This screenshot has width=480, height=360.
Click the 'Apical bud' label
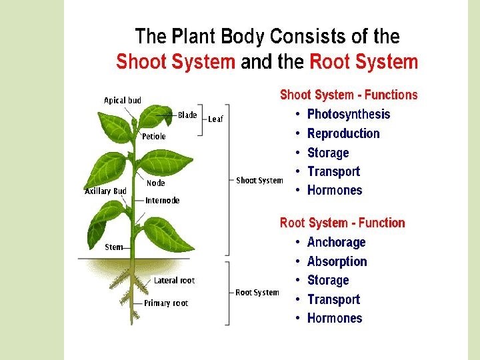pos(123,101)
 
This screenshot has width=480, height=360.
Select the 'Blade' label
pos(187,115)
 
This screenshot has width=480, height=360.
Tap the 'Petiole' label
pos(154,137)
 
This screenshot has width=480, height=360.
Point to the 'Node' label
pos(156,183)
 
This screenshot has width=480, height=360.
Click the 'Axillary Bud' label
pos(106,191)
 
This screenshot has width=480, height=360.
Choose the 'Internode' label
pos(163,201)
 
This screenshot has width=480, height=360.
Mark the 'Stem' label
pos(114,247)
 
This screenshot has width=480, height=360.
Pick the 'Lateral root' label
pos(175,281)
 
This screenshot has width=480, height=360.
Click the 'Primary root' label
pos(167,303)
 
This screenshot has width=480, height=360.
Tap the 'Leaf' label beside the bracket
pos(215,119)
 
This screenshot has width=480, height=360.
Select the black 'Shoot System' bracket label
pos(260,181)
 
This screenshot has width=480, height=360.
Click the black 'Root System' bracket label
pos(257,293)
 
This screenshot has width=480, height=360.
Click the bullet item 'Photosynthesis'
pos(349,115)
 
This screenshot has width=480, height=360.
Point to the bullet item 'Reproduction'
pos(343,133)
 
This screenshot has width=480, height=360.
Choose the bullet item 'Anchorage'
pos(337,243)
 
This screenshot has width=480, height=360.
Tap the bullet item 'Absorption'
pos(337,261)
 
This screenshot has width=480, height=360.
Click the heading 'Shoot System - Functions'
pos(349,95)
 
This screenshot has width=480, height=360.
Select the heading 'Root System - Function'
pos(343,223)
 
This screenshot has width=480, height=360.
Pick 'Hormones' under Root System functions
pos(335,319)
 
